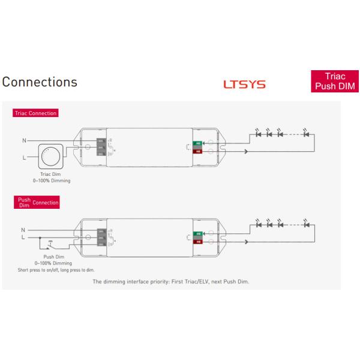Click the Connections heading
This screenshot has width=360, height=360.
[40, 82]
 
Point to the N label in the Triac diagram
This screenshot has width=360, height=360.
[25, 140]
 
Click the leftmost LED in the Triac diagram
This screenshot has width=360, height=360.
[259, 134]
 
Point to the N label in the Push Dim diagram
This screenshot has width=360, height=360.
[23, 230]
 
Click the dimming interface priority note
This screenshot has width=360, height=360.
[170, 281]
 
